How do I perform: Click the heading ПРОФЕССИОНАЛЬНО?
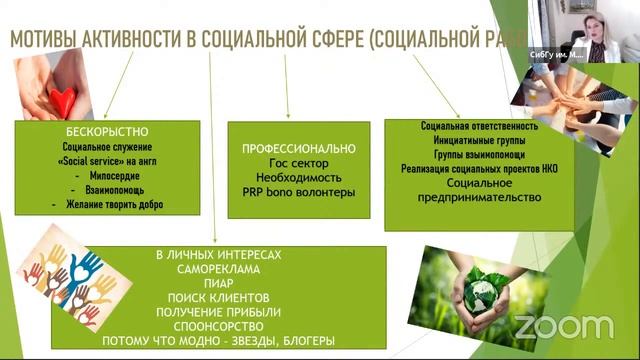pos(285,148)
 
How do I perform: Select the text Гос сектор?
pos(285,163)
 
